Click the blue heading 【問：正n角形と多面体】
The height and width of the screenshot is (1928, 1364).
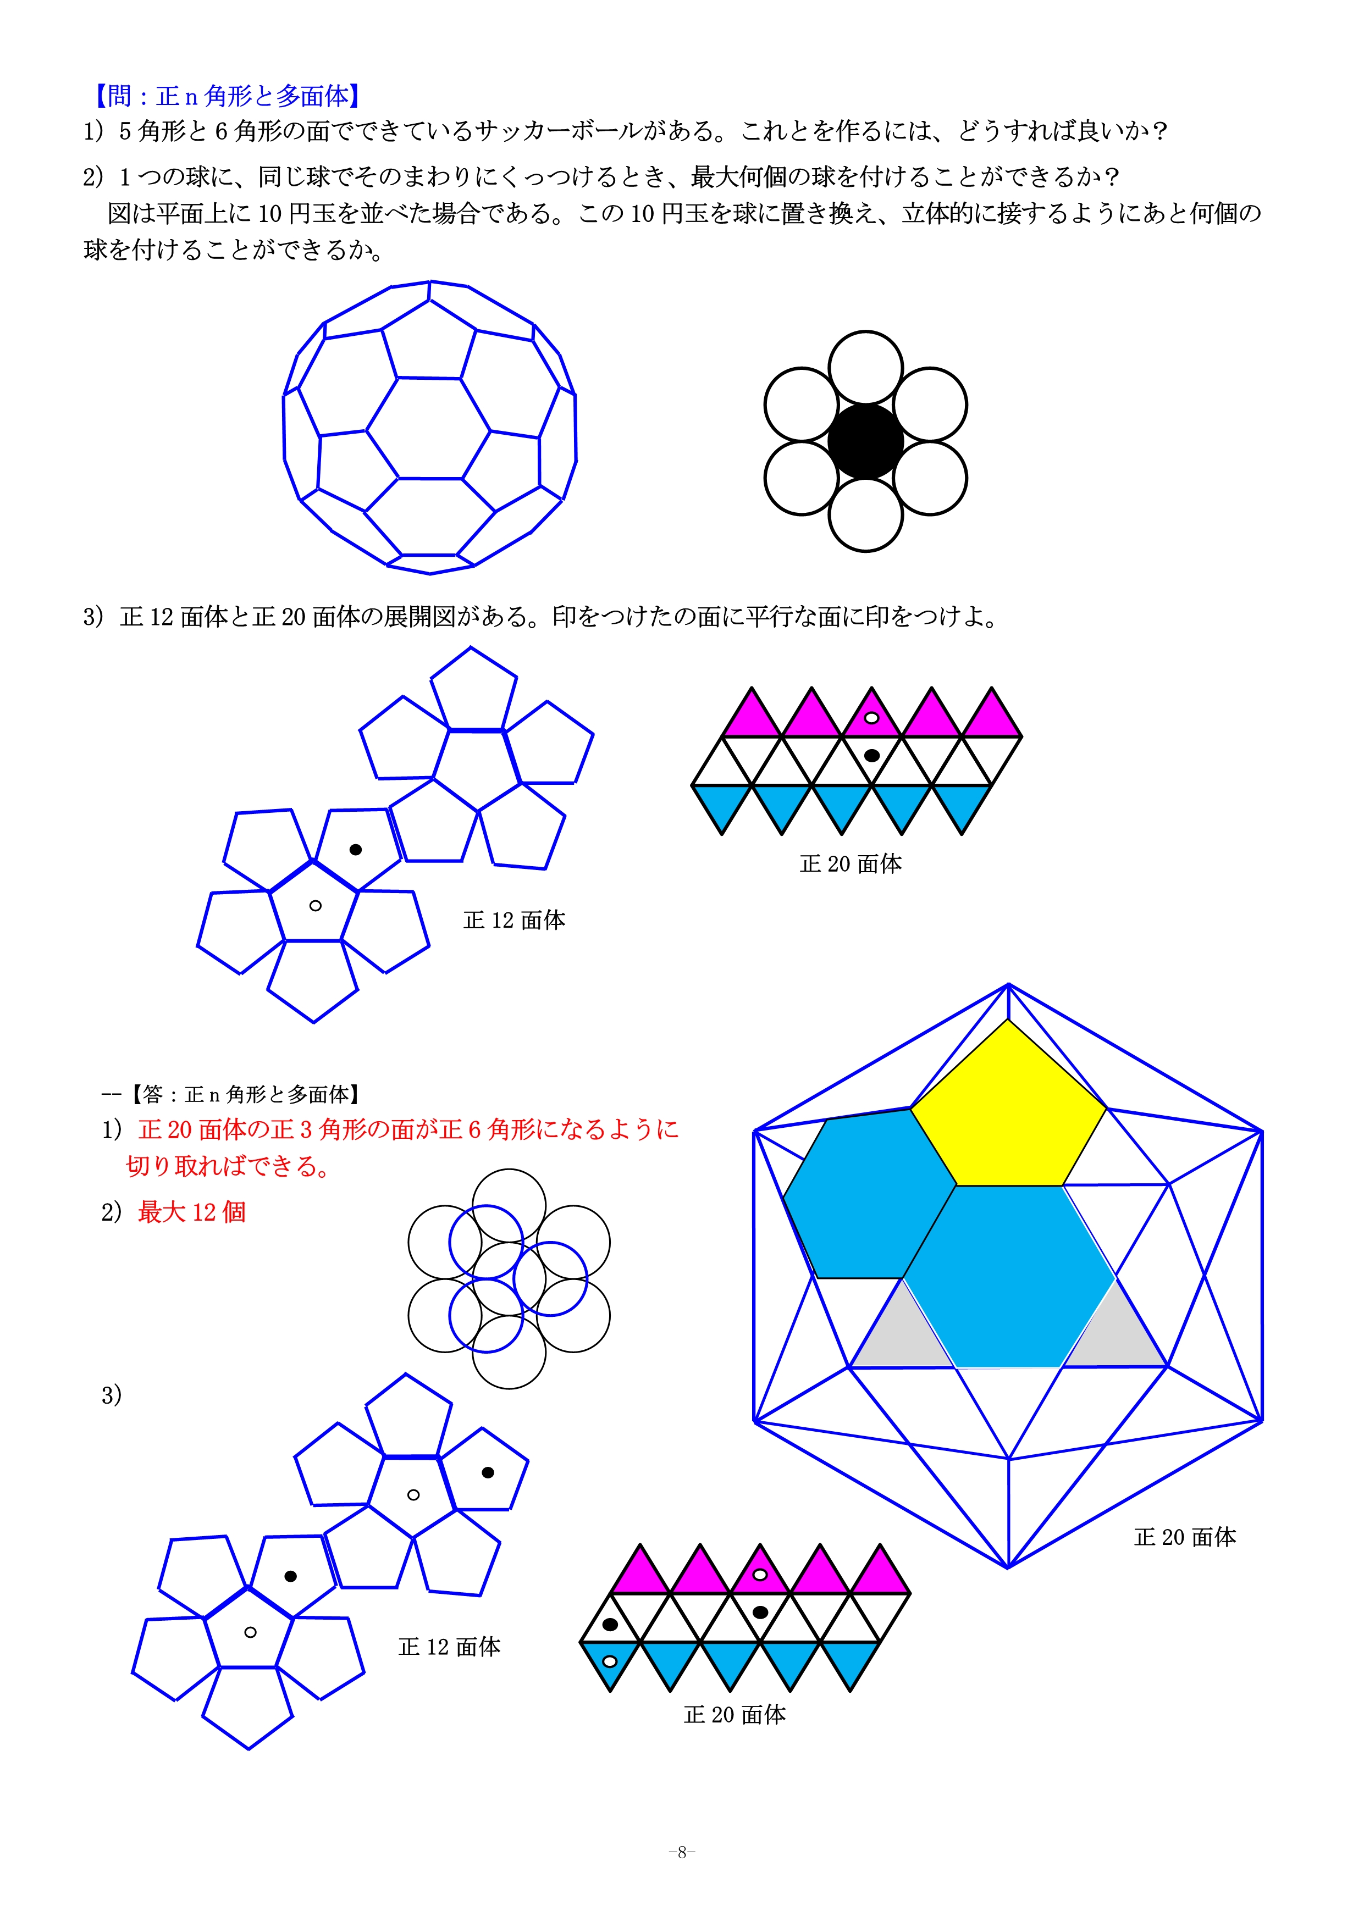(227, 96)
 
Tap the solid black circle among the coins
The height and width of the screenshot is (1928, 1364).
(865, 441)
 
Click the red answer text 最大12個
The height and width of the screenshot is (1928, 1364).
(191, 1212)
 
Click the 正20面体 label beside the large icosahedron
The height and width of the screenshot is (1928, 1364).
(1184, 1537)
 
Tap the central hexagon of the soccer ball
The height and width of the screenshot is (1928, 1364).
(428, 428)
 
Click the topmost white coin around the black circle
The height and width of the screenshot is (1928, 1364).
(865, 368)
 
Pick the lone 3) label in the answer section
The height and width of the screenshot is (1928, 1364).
(112, 1395)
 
